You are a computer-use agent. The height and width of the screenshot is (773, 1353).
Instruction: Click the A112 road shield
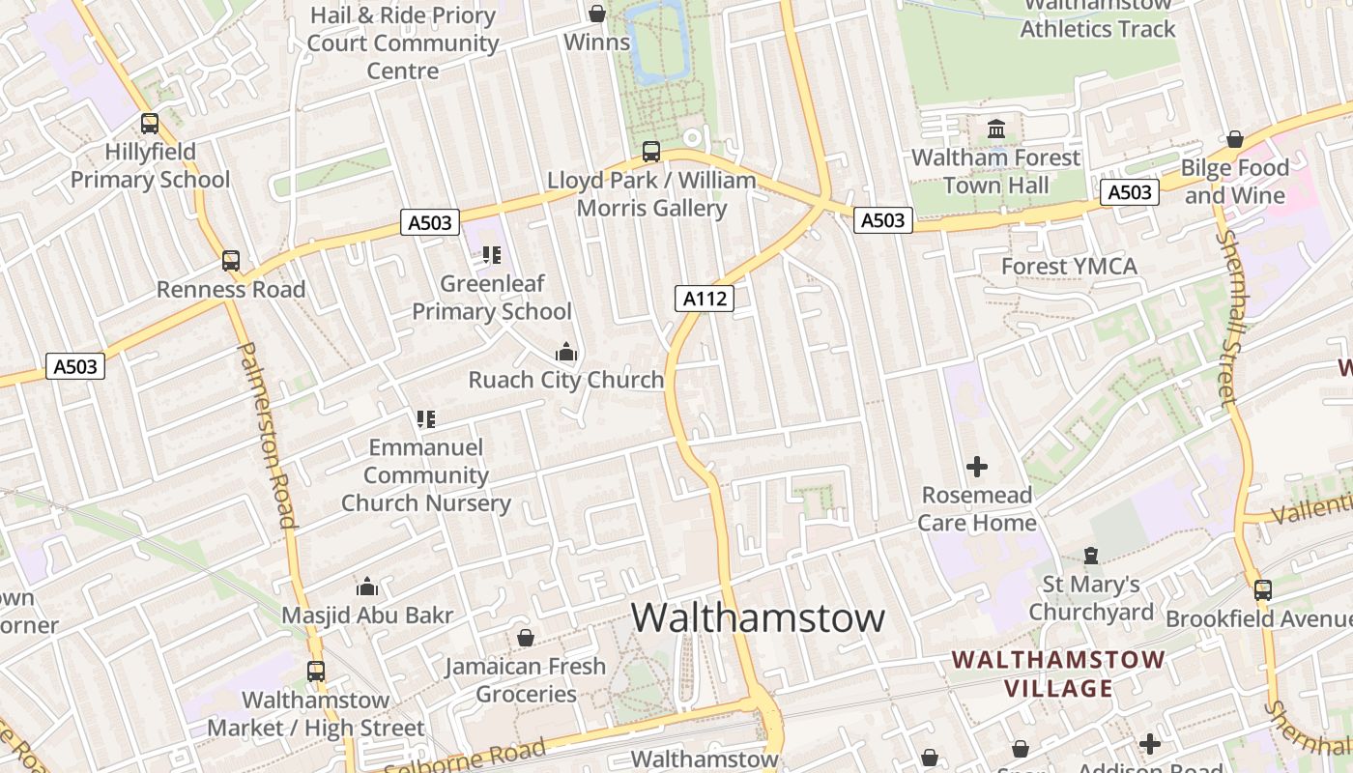(705, 299)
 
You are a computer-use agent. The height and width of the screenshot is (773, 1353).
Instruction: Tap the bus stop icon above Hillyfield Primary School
(150, 124)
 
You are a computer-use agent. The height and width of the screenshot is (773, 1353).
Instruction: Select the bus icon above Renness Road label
(230, 261)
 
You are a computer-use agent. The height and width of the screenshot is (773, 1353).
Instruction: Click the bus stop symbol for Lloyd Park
(651, 152)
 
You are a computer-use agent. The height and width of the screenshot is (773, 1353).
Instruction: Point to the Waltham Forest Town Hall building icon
(996, 129)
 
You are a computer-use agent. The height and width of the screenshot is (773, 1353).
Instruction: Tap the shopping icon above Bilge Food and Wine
(1234, 139)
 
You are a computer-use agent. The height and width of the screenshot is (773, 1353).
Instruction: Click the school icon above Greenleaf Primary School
(492, 255)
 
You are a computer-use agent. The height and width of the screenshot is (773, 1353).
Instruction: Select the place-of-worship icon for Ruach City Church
(566, 352)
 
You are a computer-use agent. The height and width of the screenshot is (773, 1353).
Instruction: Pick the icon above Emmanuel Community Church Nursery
(426, 419)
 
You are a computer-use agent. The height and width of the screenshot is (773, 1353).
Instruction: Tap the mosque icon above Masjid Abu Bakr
(367, 587)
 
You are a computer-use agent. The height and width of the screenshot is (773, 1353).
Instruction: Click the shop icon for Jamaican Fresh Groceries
(526, 638)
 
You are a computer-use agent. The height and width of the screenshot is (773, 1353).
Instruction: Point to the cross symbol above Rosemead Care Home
(977, 467)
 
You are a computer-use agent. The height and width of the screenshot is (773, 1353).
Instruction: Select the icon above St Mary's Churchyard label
(1091, 556)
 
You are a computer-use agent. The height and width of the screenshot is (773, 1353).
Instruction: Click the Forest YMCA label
(1069, 266)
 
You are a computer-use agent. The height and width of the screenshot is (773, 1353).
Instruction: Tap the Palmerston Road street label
(267, 435)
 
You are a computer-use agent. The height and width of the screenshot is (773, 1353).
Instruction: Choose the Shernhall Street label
(1228, 319)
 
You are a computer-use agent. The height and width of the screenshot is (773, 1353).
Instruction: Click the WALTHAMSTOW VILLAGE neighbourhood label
(1058, 673)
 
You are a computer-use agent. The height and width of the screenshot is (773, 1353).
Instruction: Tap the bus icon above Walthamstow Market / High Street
(316, 671)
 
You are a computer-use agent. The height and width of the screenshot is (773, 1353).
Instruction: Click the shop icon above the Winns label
(597, 14)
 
